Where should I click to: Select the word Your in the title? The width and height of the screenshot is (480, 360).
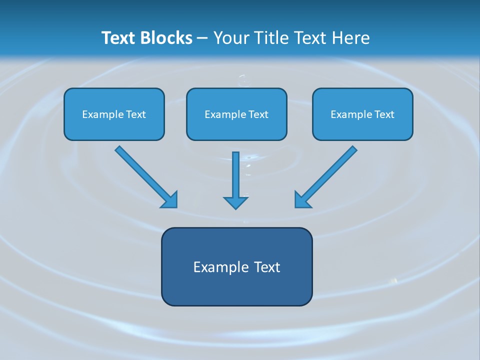pos(231,38)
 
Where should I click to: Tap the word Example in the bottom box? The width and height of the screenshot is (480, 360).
pos(220,267)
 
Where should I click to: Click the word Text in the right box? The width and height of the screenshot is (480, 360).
pos(384,114)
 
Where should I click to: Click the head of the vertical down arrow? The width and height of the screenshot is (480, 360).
pos(235,202)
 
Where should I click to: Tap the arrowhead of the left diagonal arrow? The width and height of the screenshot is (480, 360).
pos(170,200)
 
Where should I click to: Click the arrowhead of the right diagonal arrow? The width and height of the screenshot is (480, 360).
pos(302,200)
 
